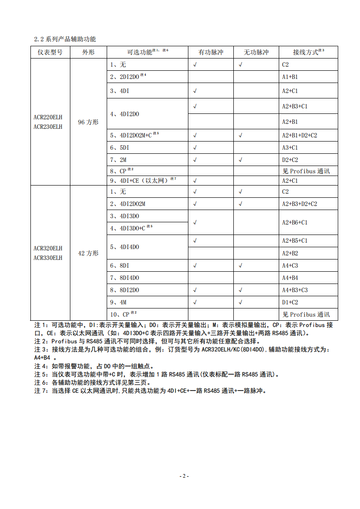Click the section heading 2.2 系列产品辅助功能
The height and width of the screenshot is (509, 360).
coord(65,39)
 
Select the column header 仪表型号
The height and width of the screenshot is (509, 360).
coord(50,52)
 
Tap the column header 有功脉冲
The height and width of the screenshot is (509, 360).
coord(211,52)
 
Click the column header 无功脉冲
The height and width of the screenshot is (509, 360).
coord(256,52)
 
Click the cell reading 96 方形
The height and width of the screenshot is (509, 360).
coord(88,122)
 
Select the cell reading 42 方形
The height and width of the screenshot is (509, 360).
coord(88,253)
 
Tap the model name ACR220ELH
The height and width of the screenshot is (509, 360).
coord(48,117)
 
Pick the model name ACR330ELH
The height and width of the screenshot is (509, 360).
coord(48,258)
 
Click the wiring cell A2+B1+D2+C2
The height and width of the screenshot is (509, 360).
coord(300,135)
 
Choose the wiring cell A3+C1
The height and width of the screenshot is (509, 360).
coord(290,147)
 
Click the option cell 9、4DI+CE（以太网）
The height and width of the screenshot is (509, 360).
coord(143,181)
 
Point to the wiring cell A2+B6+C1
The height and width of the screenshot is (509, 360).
coord(295,222)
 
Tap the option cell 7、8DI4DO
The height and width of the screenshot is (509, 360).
coord(124,278)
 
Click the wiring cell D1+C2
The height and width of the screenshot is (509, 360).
coord(290,302)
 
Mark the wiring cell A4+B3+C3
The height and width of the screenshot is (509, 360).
coord(295,290)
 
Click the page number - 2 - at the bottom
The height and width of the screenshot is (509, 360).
coord(183,476)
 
